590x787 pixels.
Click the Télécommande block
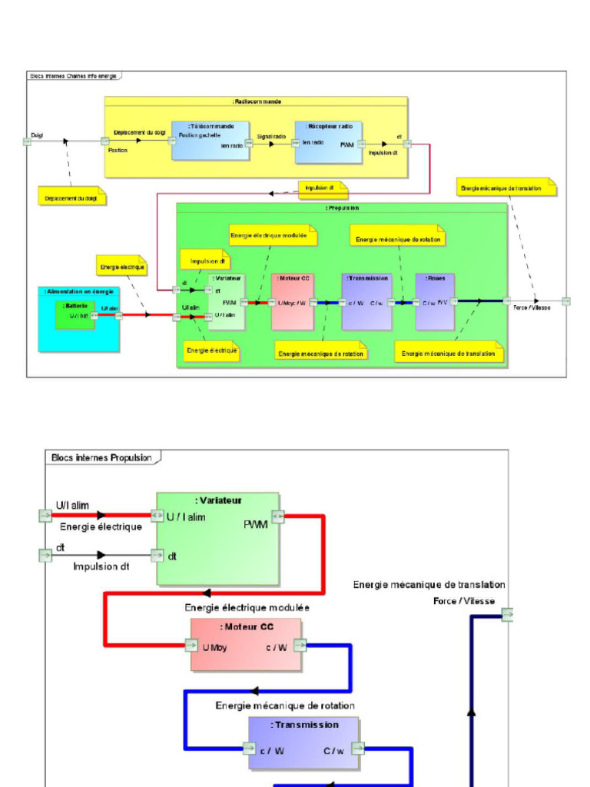click(x=210, y=141)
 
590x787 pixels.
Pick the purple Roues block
click(x=436, y=301)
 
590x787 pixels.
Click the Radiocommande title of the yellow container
click(x=256, y=101)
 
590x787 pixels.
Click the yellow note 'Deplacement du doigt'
click(x=71, y=198)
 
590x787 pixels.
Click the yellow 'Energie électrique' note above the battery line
click(x=122, y=267)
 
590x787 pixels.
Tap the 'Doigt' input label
click(x=36, y=134)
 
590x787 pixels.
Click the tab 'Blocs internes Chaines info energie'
click(x=74, y=75)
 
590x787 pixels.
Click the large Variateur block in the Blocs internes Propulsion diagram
click(x=217, y=540)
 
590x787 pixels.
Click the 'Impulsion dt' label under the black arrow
click(x=100, y=566)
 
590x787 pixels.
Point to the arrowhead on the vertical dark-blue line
click(x=471, y=712)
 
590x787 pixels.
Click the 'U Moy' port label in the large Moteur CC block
click(x=214, y=648)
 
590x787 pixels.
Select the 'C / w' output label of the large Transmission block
click(x=335, y=751)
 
